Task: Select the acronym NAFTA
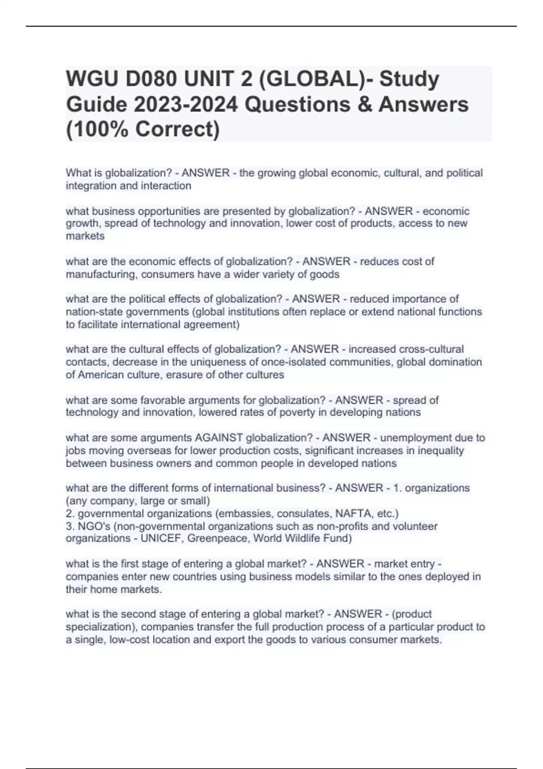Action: (354, 513)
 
